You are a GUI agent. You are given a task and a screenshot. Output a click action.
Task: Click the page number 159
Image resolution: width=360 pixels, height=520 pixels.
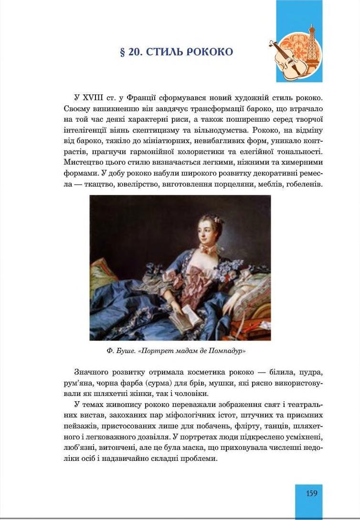pos(311,493)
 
